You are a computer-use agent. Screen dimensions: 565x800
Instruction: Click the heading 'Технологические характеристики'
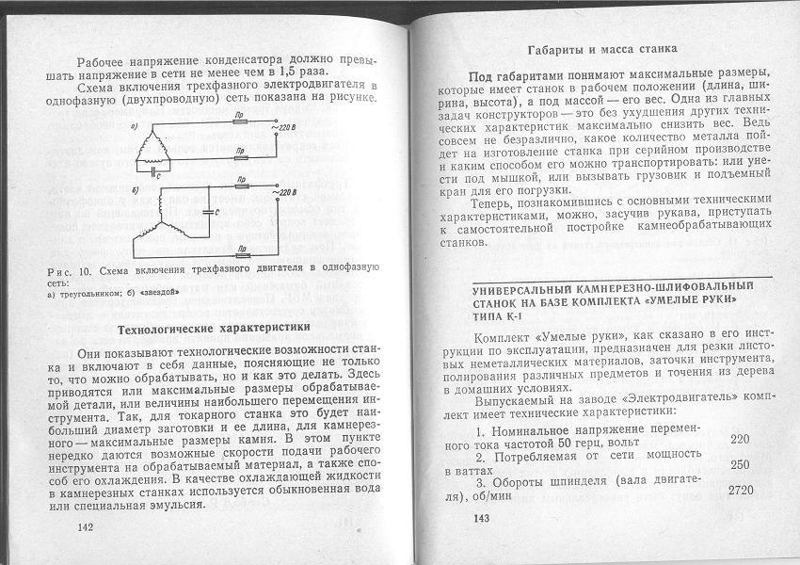pos(212,329)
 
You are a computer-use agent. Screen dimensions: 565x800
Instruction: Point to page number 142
pos(89,527)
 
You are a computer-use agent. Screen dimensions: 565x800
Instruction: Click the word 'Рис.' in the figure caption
pos(58,271)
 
